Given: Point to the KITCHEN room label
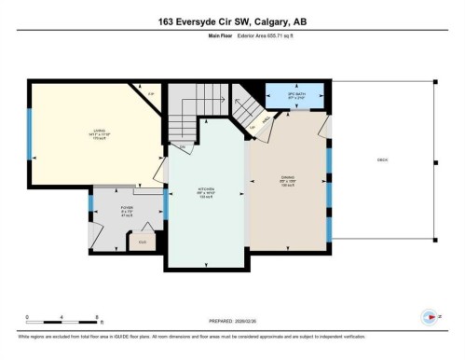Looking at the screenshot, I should (x=205, y=190).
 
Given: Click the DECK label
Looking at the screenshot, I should (x=381, y=160).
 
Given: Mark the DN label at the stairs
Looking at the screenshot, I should (x=183, y=146).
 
